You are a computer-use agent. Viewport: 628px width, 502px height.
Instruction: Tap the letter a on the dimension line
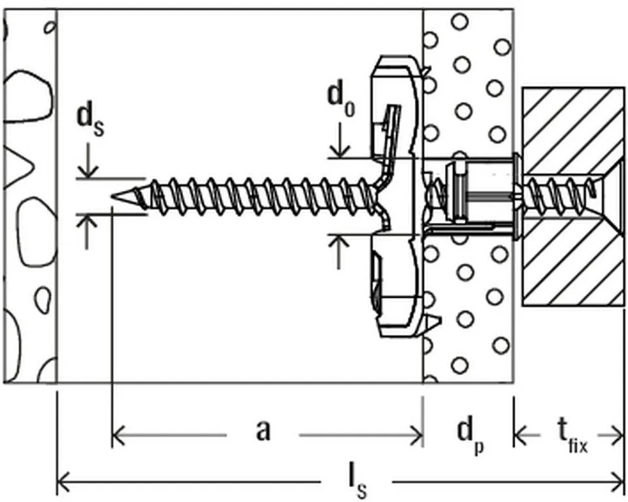tap(263, 431)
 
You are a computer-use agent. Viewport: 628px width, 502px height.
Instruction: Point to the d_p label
tap(469, 434)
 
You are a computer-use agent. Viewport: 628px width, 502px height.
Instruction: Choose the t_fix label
tap(570, 434)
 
